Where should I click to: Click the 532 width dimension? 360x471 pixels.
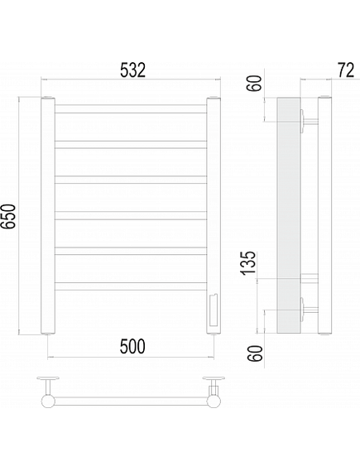pos(132,70)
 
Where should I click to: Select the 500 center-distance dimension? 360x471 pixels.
pos(132,346)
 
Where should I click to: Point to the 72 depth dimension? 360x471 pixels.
pos(346,70)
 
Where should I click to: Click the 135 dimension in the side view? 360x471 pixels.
pos(248,262)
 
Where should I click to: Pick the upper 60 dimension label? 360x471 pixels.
pos(254,84)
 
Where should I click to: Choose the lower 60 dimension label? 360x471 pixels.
pos(255,353)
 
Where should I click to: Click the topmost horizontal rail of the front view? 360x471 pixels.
pos(131,109)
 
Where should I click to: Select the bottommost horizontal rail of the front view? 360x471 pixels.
pos(131,286)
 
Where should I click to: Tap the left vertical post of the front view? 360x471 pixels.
pos(48,215)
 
